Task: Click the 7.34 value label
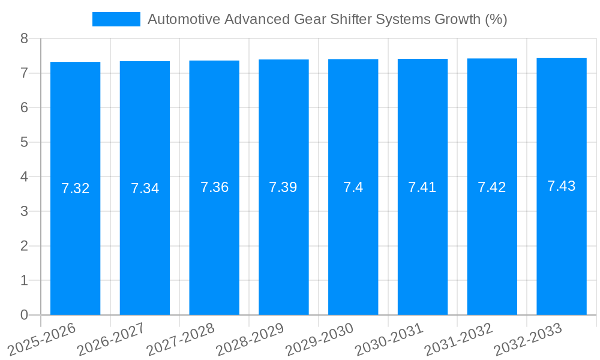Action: (x=145, y=188)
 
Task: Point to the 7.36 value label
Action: (x=214, y=187)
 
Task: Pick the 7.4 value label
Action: (x=353, y=187)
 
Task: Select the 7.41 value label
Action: (x=422, y=187)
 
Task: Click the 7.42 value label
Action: (x=492, y=187)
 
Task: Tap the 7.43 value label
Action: (x=562, y=186)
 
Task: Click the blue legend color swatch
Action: (x=116, y=19)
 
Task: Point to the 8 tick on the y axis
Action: (x=25, y=39)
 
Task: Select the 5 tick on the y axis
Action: (x=25, y=143)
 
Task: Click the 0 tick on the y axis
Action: (x=25, y=315)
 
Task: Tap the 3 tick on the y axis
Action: (x=25, y=212)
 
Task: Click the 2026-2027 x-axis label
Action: (x=112, y=340)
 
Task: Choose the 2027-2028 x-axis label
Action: (x=181, y=340)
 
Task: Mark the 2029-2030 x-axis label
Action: (x=320, y=340)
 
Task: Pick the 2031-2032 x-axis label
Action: (x=459, y=340)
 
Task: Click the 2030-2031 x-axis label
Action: (x=389, y=340)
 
